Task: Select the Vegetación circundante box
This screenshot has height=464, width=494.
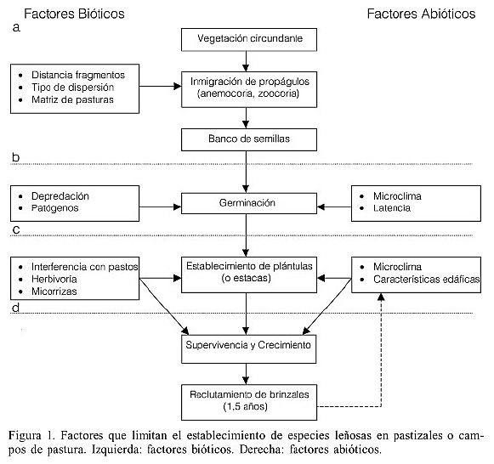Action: coord(245,39)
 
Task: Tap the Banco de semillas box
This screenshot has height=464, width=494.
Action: coord(245,139)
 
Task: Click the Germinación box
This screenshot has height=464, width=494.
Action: coord(245,203)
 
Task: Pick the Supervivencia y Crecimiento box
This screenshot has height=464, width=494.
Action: coord(245,346)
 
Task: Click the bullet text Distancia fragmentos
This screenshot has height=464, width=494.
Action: coord(77,74)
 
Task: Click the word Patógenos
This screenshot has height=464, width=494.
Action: coord(56,209)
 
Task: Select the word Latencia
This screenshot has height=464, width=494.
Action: coord(393,209)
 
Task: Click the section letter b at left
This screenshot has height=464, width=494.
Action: coord(15,157)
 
